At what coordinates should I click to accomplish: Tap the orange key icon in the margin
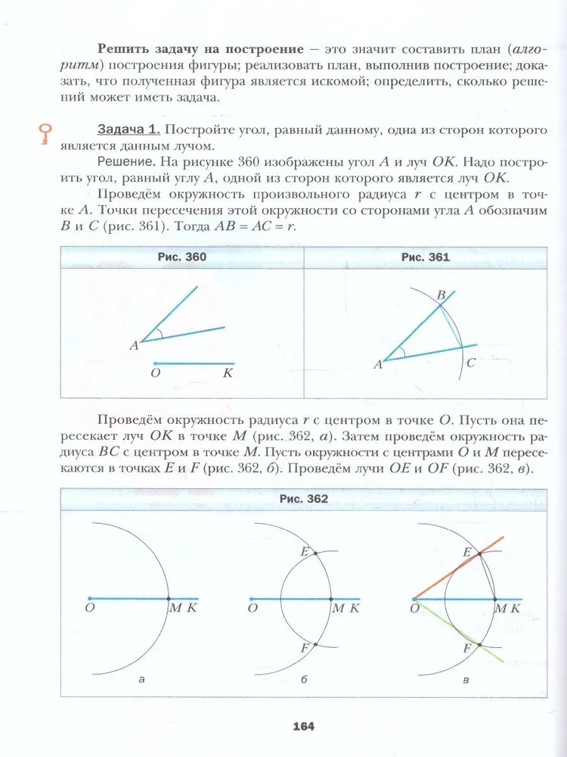tap(45, 134)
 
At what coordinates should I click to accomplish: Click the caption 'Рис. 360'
tap(182, 257)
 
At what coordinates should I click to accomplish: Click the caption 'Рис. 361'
tap(425, 257)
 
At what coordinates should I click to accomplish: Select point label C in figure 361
tap(470, 363)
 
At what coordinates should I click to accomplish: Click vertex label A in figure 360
tap(134, 345)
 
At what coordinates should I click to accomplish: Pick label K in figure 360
tap(228, 372)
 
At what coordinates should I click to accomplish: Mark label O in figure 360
tap(155, 372)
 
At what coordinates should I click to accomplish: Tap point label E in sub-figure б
tap(304, 551)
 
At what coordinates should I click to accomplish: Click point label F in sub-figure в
tap(467, 649)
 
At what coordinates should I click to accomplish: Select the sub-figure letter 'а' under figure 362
tap(141, 681)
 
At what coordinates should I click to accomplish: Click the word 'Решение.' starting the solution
tap(122, 161)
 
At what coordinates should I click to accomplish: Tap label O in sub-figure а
tap(89, 608)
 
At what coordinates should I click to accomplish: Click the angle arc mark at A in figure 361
tap(401, 353)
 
